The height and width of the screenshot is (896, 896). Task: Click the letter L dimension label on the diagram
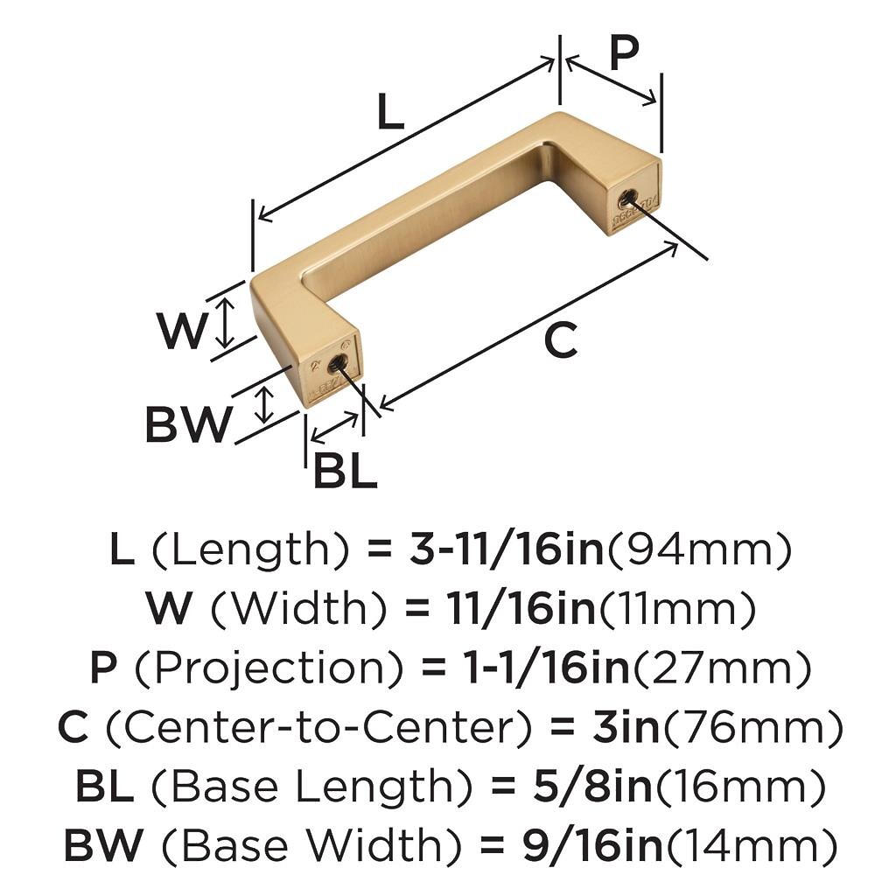pos(390,111)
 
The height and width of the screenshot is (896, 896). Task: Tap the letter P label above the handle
pos(623,52)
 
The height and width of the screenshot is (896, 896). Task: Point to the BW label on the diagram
pos(189,423)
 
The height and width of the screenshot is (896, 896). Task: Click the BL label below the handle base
pos(345,469)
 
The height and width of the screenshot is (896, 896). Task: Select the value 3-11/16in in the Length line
pos(507,548)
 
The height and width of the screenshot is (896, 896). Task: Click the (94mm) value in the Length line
pos(698,549)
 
